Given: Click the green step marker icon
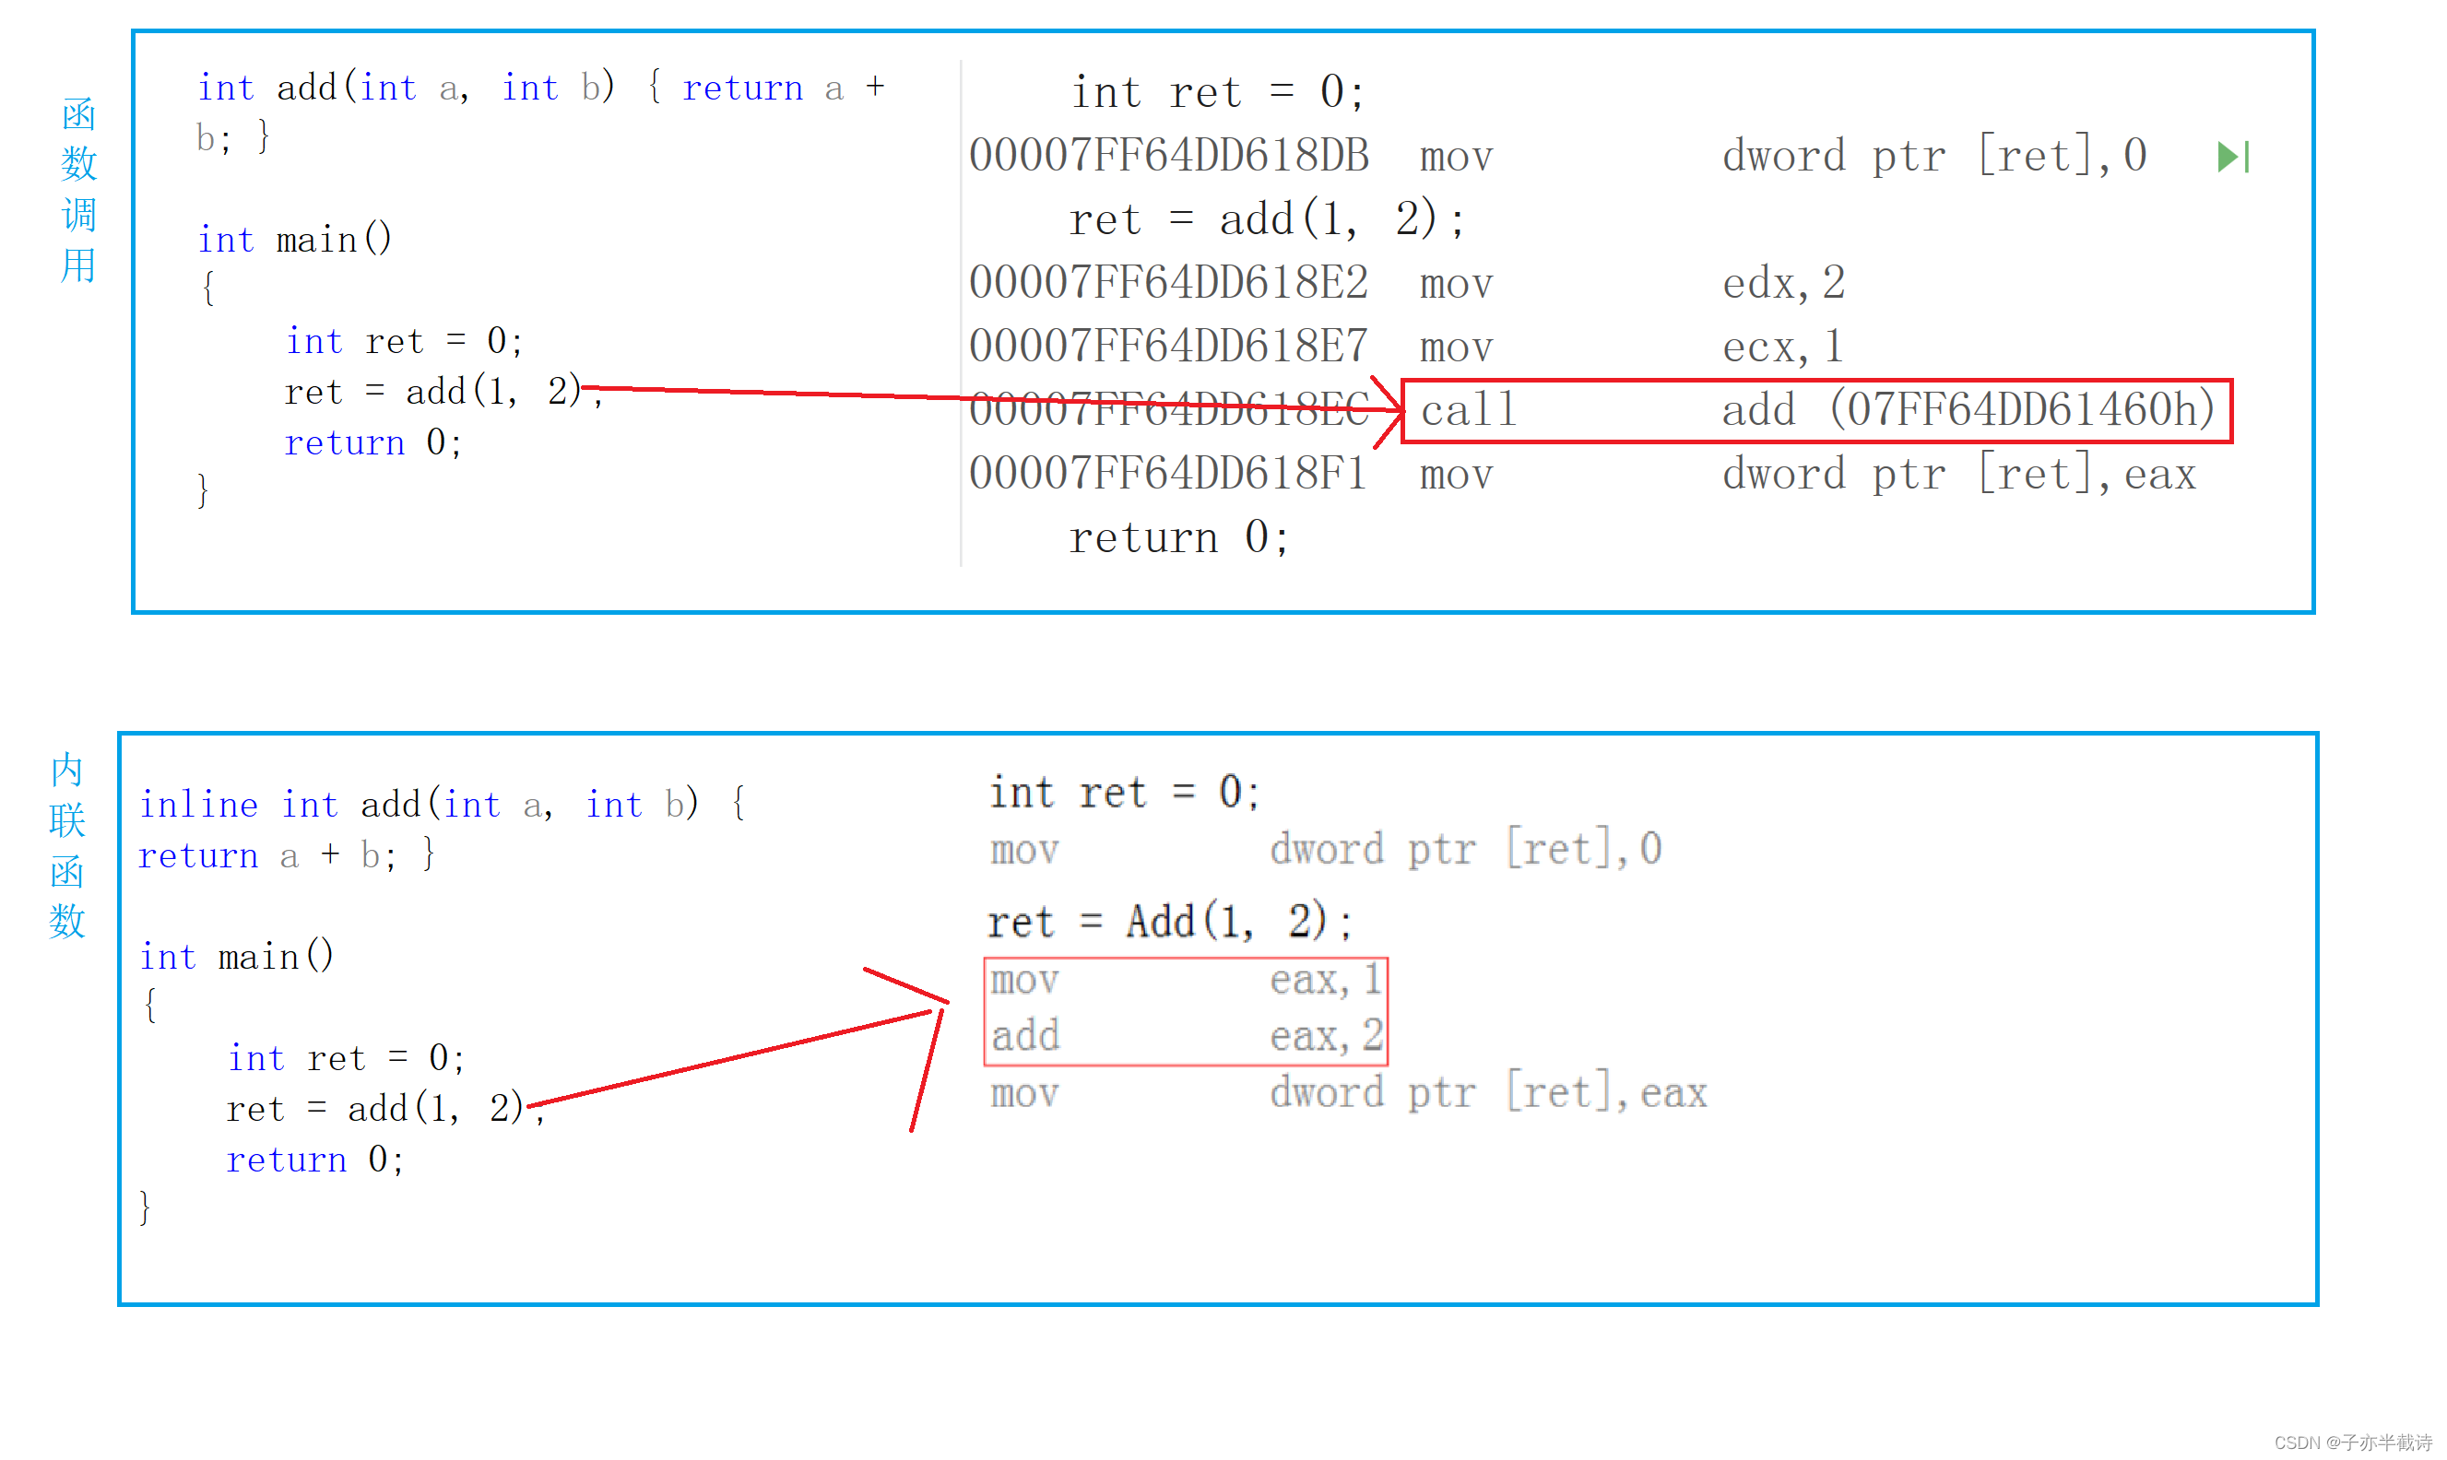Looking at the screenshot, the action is coord(2232,158).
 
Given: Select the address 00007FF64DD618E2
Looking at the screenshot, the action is coord(1169,283).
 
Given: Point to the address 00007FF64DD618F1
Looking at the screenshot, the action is coord(1169,474).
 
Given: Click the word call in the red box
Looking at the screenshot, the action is coord(1468,410).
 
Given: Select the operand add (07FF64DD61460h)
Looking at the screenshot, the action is coord(1968,410).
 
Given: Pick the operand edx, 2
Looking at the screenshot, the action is coord(1783,283).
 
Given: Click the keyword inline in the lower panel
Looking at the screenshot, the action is coord(199,805).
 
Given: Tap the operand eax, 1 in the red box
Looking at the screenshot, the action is coord(1325,980).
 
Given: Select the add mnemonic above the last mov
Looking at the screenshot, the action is coord(1025,1036).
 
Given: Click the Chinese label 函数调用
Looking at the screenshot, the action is coord(78,190).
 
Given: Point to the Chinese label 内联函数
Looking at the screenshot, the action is coord(67,845).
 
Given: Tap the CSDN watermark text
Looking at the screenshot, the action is coord(2351,1442).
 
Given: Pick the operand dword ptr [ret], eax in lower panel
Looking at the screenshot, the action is coord(1488,1093).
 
